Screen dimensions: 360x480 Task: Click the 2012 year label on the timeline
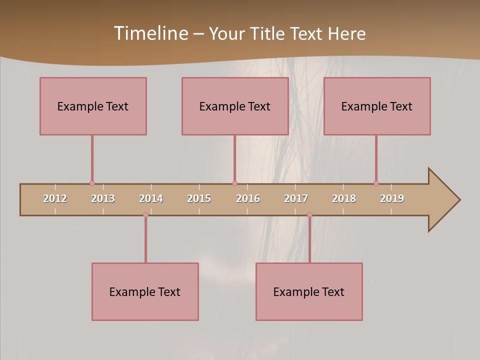55,198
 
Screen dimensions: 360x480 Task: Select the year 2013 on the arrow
103,198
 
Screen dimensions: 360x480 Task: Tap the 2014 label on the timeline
151,198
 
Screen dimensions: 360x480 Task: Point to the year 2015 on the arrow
199,198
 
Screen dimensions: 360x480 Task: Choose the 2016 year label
248,198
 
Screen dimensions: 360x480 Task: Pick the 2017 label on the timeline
296,198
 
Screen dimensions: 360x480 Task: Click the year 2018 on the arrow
344,198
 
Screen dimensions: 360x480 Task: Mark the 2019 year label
392,198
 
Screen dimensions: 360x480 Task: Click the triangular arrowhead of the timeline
443,200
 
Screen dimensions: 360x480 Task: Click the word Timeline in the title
150,33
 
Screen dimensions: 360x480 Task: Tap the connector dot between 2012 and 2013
92,183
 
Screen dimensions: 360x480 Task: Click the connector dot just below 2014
145,215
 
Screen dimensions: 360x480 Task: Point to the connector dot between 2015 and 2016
234,183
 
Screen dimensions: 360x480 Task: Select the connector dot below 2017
309,215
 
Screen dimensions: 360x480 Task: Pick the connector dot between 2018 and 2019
376,183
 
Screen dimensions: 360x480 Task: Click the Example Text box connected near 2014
145,291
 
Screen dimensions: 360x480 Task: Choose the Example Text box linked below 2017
309,291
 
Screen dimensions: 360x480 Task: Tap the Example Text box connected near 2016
235,106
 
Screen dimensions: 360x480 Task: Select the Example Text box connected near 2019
377,106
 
